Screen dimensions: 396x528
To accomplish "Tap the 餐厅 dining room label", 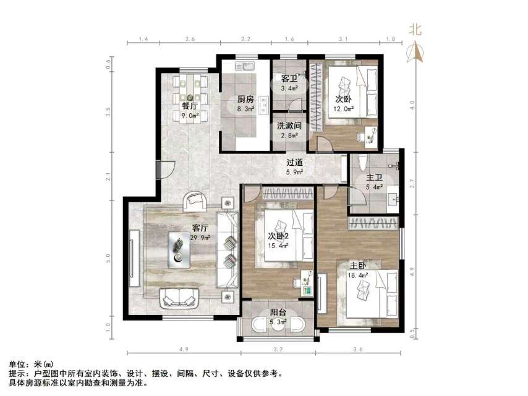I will click(189, 105).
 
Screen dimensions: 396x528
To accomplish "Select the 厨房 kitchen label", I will click(245, 100).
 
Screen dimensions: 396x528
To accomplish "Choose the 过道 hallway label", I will click(294, 163).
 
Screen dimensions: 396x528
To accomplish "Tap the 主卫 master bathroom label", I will click(375, 178).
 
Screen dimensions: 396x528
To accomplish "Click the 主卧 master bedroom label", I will click(359, 267).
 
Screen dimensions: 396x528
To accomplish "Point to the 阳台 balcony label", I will click(278, 313).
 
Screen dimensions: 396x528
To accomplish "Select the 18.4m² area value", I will click(359, 276).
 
